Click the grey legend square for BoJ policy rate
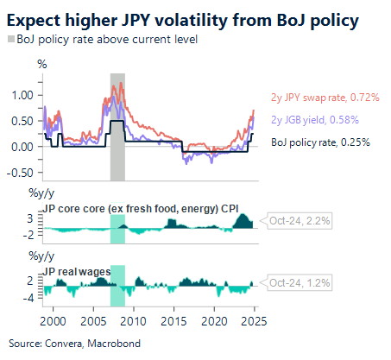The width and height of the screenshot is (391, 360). pyautogui.click(x=11, y=40)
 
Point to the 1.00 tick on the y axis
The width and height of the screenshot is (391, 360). pyautogui.click(x=27, y=95)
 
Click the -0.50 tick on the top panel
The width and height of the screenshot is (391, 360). pyautogui.click(x=24, y=172)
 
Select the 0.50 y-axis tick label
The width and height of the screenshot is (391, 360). pyautogui.click(x=27, y=121)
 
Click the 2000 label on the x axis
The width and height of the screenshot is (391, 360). pyautogui.click(x=53, y=319)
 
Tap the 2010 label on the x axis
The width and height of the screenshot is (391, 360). pyautogui.click(x=134, y=319)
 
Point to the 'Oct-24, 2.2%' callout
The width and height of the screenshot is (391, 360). pyautogui.click(x=299, y=221)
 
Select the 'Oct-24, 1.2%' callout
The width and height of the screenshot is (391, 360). pyautogui.click(x=299, y=282)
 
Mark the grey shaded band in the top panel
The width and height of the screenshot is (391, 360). pyautogui.click(x=117, y=126)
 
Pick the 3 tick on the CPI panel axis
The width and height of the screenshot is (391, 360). pyautogui.click(x=30, y=220)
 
